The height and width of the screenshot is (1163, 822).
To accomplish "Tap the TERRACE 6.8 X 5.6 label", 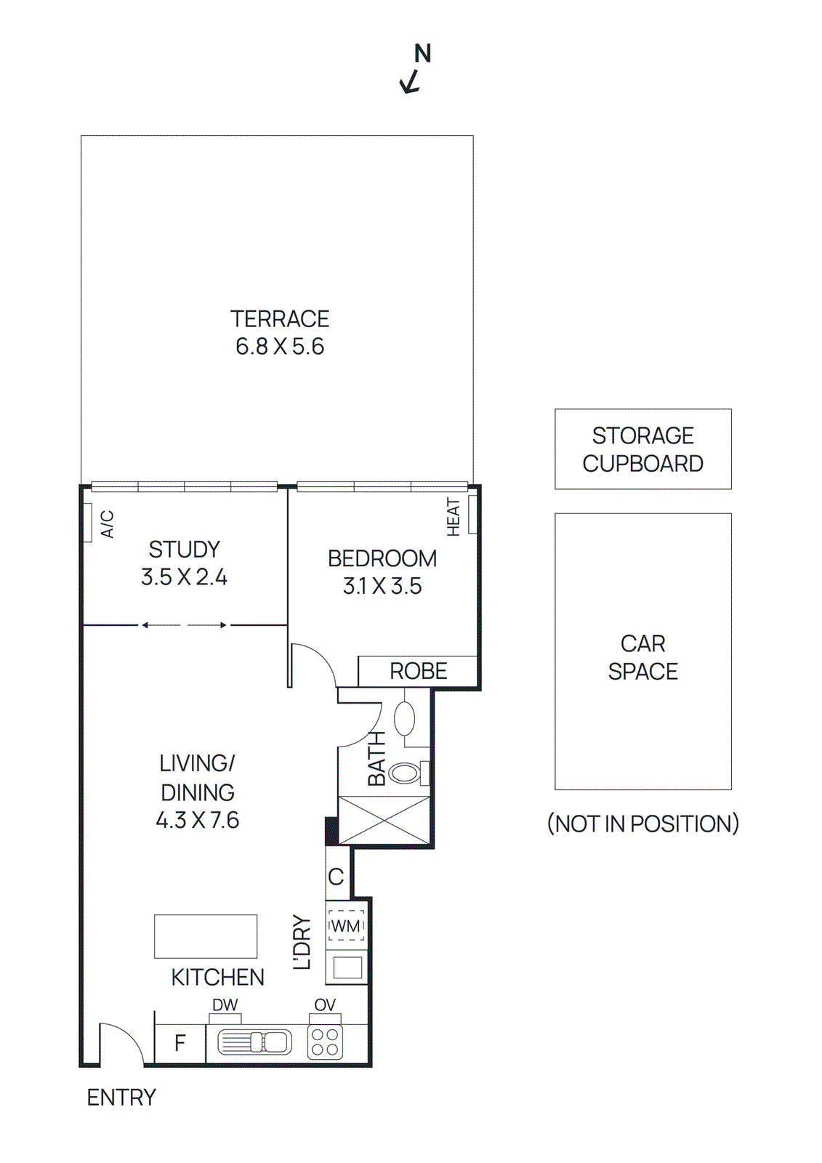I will pos(280,332).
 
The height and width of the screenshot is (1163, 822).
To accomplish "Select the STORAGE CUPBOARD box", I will pos(642,448).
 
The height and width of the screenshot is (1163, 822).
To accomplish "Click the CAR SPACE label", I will pos(642,657).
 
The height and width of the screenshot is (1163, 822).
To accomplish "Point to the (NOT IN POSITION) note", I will pos(642,824).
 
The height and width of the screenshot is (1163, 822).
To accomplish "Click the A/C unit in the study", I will pos(87,523).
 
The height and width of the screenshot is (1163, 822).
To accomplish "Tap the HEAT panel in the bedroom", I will pos(472,515).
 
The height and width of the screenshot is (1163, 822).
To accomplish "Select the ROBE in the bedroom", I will pos(418,671).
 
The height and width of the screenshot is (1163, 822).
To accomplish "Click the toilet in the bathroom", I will pos(406,773).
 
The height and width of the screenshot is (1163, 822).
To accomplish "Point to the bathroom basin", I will pos(404,718).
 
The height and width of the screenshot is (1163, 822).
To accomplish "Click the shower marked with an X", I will pos(384,821).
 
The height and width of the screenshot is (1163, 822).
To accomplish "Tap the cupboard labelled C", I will pos(337,877).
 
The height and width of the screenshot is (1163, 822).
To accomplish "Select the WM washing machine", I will pos(346,926).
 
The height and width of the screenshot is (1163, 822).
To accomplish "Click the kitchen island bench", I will pos(206,936).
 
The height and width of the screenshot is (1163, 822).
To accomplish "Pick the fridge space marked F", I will pos(180,1044).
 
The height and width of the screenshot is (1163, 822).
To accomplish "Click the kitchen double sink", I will pos(255,1042).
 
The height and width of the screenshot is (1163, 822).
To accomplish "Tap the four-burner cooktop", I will pos(325,1042).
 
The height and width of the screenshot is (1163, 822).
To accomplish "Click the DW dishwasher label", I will pos(225,1005).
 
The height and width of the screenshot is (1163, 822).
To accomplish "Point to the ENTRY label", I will pos(121,1098).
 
